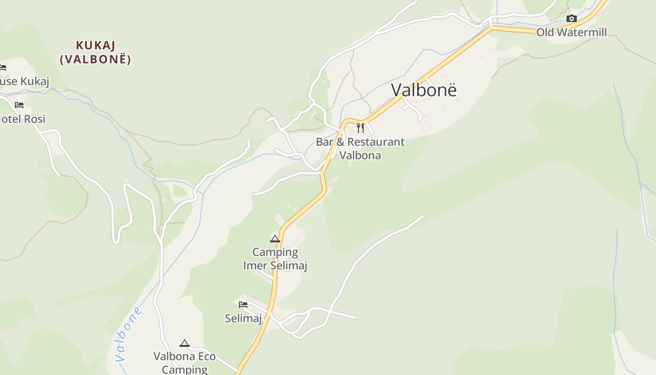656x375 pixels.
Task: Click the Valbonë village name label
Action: [x=424, y=90]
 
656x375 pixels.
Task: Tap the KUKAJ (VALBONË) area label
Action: [x=96, y=52]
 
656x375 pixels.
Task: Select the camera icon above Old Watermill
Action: [x=571, y=19]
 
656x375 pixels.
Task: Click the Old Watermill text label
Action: [x=571, y=32]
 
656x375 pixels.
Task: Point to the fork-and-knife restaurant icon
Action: [x=360, y=127]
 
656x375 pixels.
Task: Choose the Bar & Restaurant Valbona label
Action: [x=360, y=148]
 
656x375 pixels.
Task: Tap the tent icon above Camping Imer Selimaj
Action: [x=275, y=239]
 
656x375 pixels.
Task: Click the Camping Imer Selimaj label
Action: [x=275, y=259]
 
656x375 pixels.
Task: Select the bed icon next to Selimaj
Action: [x=243, y=305]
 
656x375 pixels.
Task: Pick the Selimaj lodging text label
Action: [x=243, y=318]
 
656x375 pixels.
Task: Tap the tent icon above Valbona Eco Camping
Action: [x=185, y=344]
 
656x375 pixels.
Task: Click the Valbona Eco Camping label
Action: [x=185, y=363]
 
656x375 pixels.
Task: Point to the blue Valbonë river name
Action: [x=128, y=334]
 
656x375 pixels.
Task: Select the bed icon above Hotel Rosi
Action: [x=19, y=105]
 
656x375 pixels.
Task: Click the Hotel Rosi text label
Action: [x=22, y=119]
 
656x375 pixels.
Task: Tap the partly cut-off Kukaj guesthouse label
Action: [x=23, y=82]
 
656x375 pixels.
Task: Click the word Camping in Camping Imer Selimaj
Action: [x=275, y=252]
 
